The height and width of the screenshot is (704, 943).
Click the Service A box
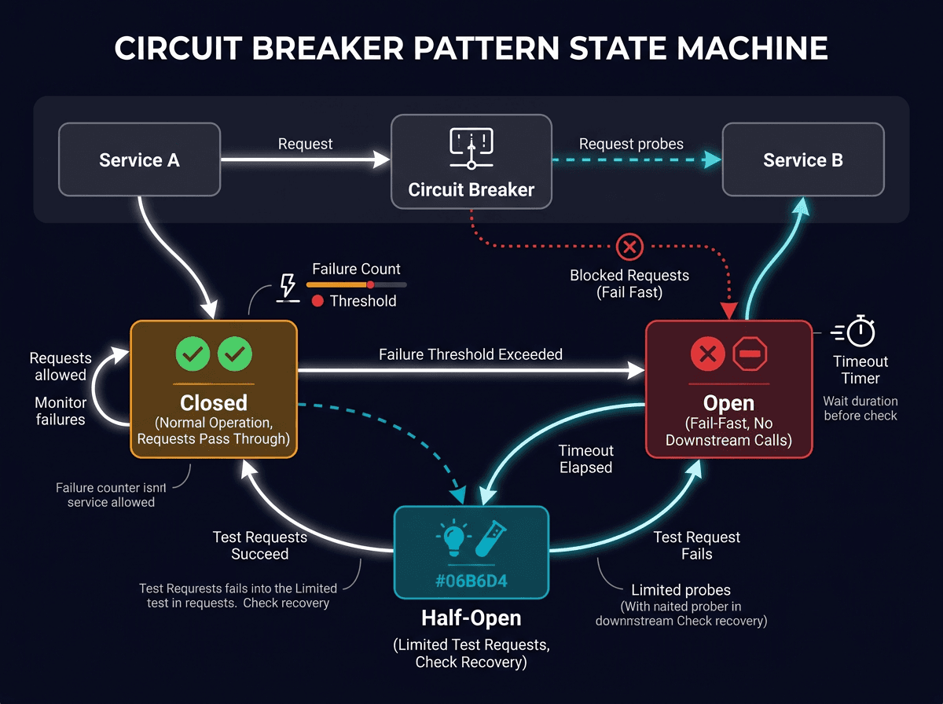pyautogui.click(x=139, y=160)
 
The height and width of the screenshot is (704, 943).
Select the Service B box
pyautogui.click(x=802, y=160)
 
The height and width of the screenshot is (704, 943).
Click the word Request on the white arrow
pyautogui.click(x=305, y=144)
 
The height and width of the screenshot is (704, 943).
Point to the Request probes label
pyautogui.click(x=631, y=144)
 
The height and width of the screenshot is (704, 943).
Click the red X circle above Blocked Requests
pyautogui.click(x=629, y=247)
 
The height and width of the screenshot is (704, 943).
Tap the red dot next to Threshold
pyautogui.click(x=317, y=301)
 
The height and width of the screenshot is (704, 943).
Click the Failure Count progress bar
pyautogui.click(x=356, y=284)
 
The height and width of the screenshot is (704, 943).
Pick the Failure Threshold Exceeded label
pyautogui.click(x=471, y=354)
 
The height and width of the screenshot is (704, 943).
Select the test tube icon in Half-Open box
pyautogui.click(x=489, y=538)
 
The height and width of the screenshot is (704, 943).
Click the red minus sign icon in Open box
pyautogui.click(x=749, y=355)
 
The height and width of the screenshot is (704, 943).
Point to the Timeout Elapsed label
pyautogui.click(x=585, y=459)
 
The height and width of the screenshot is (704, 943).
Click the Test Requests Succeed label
pyautogui.click(x=259, y=545)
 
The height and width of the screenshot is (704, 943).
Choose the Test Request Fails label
pyautogui.click(x=696, y=545)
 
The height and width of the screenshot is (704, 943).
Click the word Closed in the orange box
pyautogui.click(x=213, y=403)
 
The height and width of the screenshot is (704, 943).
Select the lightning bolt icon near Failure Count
pyautogui.click(x=288, y=286)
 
